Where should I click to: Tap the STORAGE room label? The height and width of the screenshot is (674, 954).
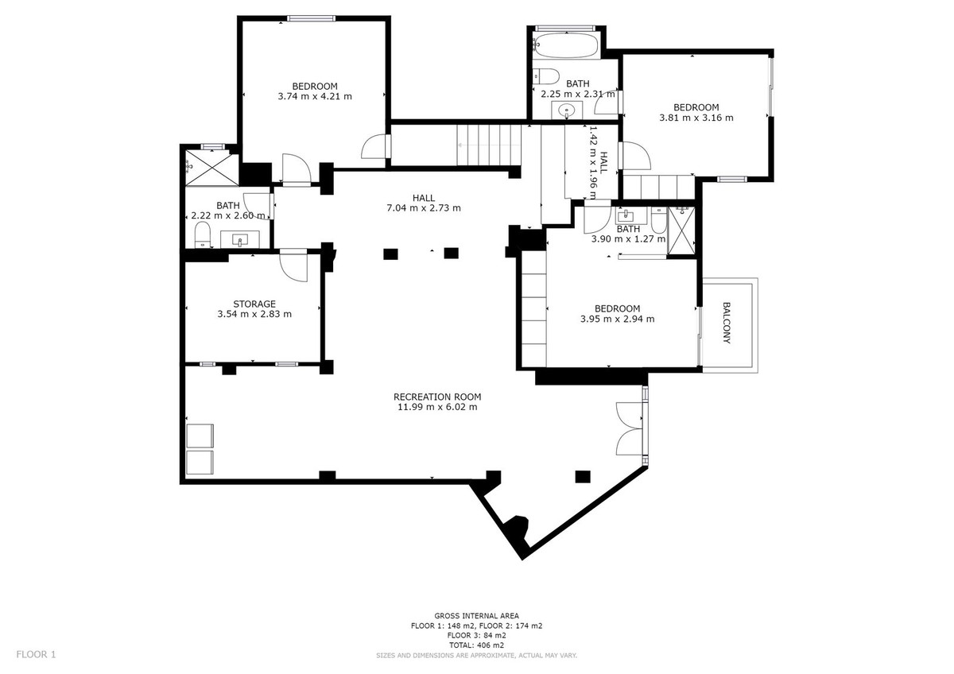(x=254, y=304)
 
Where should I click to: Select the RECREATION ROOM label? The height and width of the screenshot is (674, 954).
(x=437, y=397)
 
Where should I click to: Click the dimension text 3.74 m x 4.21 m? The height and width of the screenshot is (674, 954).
(x=315, y=96)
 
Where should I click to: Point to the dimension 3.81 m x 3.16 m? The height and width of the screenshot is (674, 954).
(x=696, y=118)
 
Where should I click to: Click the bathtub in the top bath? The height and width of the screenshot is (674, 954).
(x=565, y=47)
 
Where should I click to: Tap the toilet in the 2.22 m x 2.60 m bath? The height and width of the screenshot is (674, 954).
(x=202, y=234)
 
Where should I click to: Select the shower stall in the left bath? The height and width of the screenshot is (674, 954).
(x=211, y=167)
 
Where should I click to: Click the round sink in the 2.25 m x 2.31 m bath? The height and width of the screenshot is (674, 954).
(x=567, y=110)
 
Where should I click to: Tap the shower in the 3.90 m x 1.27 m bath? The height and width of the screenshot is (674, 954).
(x=680, y=230)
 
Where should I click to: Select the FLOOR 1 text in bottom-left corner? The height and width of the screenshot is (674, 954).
(x=37, y=655)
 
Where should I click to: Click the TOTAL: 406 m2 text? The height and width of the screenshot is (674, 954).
(x=476, y=645)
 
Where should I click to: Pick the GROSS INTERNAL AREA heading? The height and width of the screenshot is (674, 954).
(x=476, y=616)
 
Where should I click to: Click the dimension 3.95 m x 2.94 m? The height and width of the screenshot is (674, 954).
(x=617, y=320)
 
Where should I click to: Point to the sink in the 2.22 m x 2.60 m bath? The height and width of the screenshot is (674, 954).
(x=239, y=238)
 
